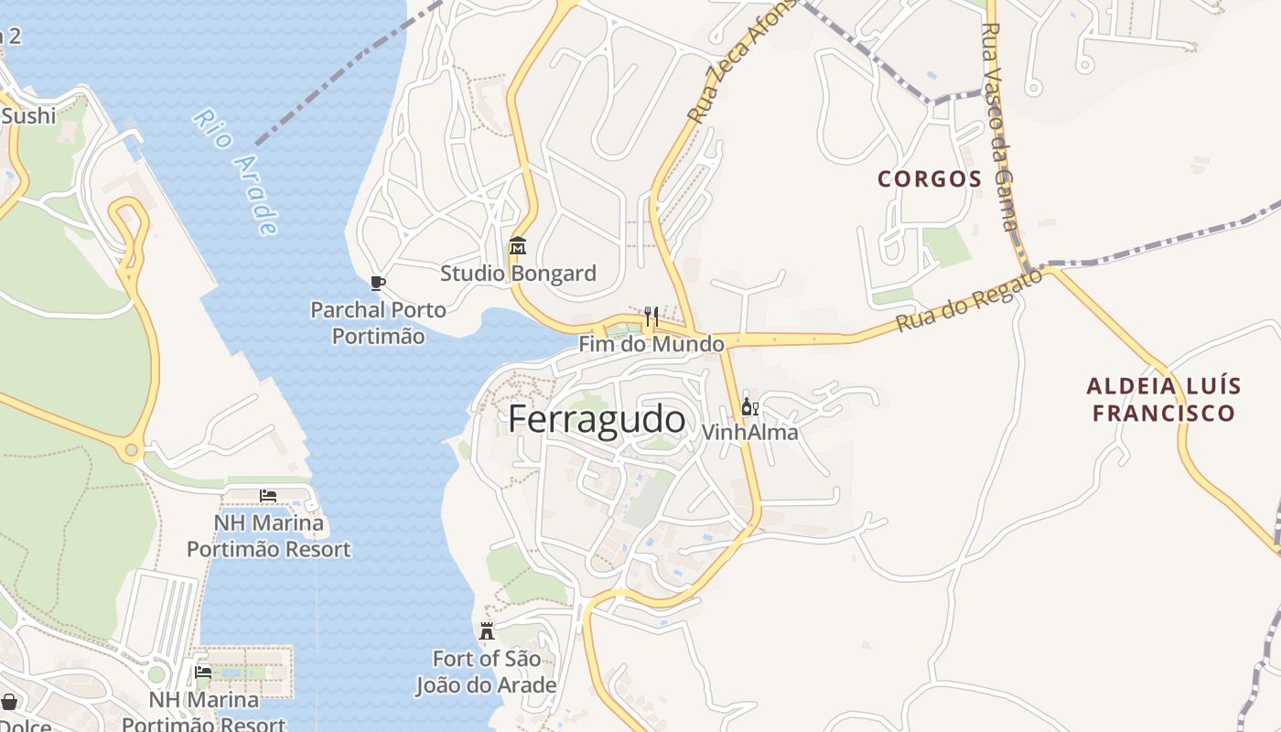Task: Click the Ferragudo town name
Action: (597, 420)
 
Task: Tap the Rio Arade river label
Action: (235, 172)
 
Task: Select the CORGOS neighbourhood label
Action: (929, 179)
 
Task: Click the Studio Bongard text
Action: (518, 274)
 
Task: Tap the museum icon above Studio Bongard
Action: (518, 245)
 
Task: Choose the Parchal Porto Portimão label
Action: (378, 323)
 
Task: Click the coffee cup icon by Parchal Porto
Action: (377, 283)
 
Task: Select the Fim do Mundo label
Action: (651, 345)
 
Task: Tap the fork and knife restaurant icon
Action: (651, 317)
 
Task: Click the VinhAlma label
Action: (749, 432)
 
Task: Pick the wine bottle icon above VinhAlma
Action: (749, 406)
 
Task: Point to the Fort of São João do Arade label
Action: (486, 672)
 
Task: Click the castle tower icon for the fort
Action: (487, 631)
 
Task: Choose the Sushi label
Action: (28, 116)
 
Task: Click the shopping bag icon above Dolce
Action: (9, 702)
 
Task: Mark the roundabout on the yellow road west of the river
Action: (132, 449)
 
